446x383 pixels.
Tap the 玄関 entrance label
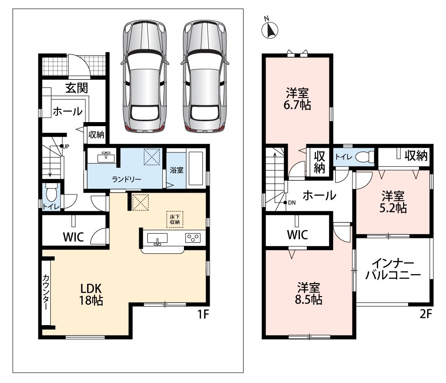(x=76, y=88)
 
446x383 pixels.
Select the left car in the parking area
(x=145, y=76)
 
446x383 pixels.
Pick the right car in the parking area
(x=205, y=76)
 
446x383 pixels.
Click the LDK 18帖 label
(x=91, y=294)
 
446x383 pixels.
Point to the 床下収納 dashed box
(x=174, y=219)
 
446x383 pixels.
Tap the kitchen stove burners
(x=193, y=238)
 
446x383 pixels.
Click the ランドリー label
(x=126, y=179)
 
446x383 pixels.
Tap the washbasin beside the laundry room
(x=106, y=157)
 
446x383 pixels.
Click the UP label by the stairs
(x=66, y=147)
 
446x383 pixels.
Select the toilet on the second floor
(x=365, y=156)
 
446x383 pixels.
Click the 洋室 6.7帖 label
(x=297, y=99)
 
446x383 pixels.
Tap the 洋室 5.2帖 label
(x=393, y=202)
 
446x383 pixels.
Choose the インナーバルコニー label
(x=393, y=269)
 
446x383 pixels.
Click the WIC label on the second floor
(x=297, y=235)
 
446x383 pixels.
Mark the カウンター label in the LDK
(x=46, y=292)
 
